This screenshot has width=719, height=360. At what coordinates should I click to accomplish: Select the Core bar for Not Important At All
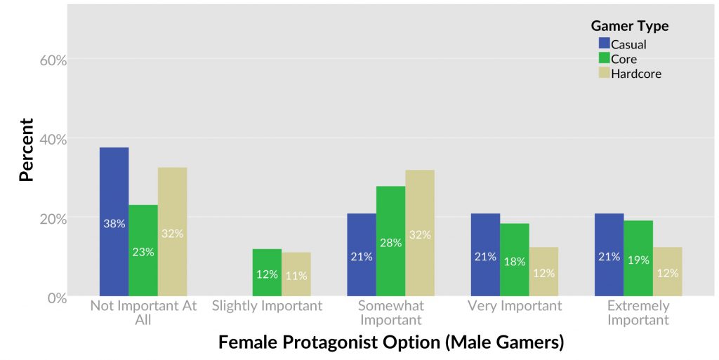[x=143, y=251]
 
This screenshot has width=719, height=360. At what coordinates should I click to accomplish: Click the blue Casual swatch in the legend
[x=604, y=44]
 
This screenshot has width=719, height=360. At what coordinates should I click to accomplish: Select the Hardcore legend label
[x=636, y=73]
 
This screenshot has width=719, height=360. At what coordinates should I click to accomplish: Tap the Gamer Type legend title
[x=629, y=26]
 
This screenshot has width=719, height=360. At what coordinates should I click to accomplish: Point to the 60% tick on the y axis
[x=53, y=60]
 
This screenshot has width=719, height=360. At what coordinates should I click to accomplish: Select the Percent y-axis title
[x=27, y=149]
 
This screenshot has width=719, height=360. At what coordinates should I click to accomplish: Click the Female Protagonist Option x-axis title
[x=391, y=342]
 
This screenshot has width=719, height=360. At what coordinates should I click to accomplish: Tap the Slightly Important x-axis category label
[x=267, y=306]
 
